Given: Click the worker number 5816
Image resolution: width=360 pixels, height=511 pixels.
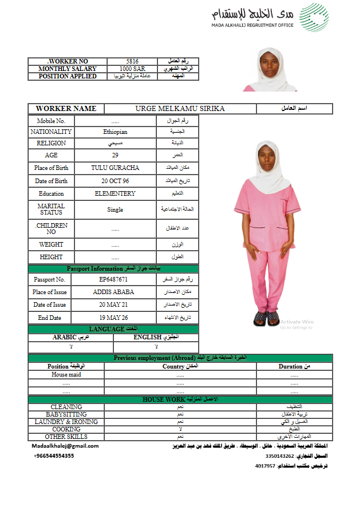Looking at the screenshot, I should pos(132,61).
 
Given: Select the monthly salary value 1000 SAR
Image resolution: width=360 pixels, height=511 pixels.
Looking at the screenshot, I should pos(132,69).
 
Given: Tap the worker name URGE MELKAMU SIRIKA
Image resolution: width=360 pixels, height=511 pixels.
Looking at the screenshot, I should pos(180,109).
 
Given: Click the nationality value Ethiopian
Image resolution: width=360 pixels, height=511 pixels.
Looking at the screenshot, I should pos(115,132).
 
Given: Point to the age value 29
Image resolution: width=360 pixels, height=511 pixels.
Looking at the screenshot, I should pos(115,155).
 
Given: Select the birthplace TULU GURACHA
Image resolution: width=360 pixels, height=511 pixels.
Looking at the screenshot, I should pos(115,168).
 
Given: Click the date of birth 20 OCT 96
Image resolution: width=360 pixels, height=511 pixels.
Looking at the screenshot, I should pos(115,181).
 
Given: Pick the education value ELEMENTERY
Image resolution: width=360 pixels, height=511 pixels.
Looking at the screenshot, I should pos(115,193).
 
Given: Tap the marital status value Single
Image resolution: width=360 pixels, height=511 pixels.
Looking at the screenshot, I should pos(115,209).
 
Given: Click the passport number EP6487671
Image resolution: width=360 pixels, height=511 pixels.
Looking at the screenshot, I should pos(113,279).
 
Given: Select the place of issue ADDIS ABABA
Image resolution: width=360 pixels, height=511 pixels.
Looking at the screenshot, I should pos(113,292).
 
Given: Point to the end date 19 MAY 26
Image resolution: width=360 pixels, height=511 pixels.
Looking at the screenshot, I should pos(113,318).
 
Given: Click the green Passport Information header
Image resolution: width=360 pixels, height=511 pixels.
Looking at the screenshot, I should pos(113,268).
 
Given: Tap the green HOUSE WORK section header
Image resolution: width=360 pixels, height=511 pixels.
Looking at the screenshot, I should pos(180,399).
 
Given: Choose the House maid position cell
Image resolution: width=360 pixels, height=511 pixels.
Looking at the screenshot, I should pos(66,375).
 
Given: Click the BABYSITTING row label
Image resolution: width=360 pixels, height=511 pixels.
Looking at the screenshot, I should pos(66,414).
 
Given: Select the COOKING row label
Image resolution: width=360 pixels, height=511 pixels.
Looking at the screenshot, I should pos(66,429).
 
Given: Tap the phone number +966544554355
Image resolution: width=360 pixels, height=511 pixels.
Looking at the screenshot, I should pos(54,456).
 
